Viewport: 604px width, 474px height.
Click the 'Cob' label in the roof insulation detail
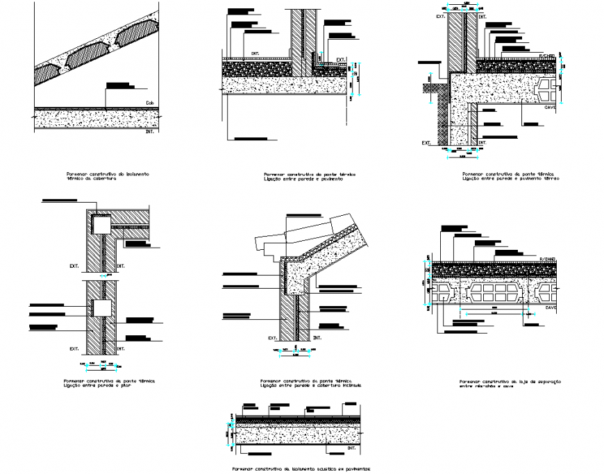(149, 104)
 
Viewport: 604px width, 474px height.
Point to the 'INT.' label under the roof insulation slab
(150, 130)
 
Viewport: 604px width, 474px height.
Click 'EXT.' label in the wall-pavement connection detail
(340, 59)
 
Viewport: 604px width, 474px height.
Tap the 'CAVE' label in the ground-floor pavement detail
(550, 108)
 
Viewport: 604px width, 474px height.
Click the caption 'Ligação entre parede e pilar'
(104, 384)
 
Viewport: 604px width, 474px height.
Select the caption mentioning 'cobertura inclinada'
(306, 384)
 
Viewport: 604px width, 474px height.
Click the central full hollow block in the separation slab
(495, 292)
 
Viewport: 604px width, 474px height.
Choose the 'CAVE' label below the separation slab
(550, 306)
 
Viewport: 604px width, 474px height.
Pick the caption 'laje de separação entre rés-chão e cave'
(510, 384)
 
